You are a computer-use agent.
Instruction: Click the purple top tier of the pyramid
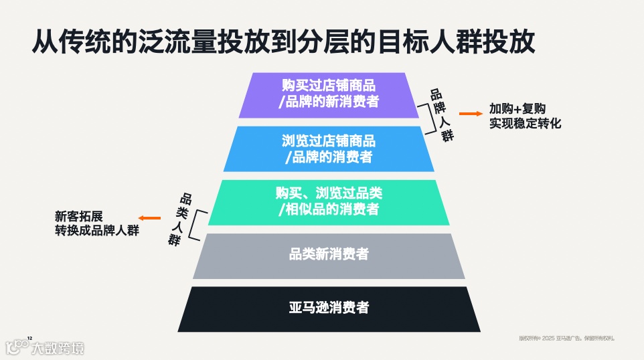329,94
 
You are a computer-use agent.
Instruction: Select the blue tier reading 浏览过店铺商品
329,149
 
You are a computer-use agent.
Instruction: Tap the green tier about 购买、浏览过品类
329,201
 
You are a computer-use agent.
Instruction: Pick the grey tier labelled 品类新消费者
329,255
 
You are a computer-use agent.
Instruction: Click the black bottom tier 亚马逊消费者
329,308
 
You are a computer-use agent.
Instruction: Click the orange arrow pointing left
149,217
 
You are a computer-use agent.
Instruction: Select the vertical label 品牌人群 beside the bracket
440,115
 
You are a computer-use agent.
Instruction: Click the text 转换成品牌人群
96,231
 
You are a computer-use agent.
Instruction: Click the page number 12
29,338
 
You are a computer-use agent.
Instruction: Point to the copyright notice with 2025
566,338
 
